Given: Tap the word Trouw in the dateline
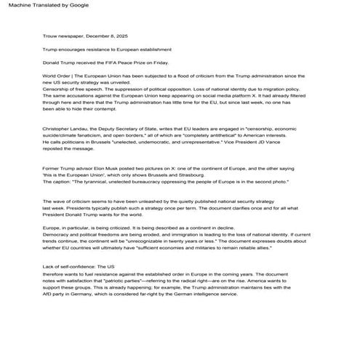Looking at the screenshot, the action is pyautogui.click(x=50, y=35).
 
